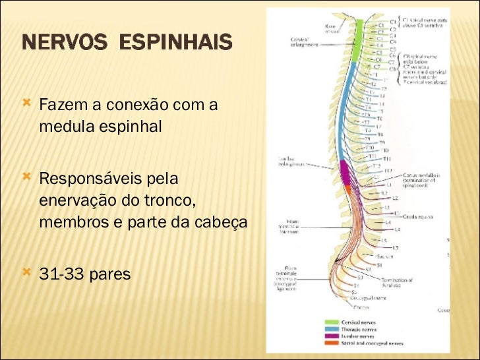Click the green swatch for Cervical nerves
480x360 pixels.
[331, 322]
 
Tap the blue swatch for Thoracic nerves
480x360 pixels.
[331, 329]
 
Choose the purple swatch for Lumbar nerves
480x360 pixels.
[331, 336]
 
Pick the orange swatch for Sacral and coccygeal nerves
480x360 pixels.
[331, 343]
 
